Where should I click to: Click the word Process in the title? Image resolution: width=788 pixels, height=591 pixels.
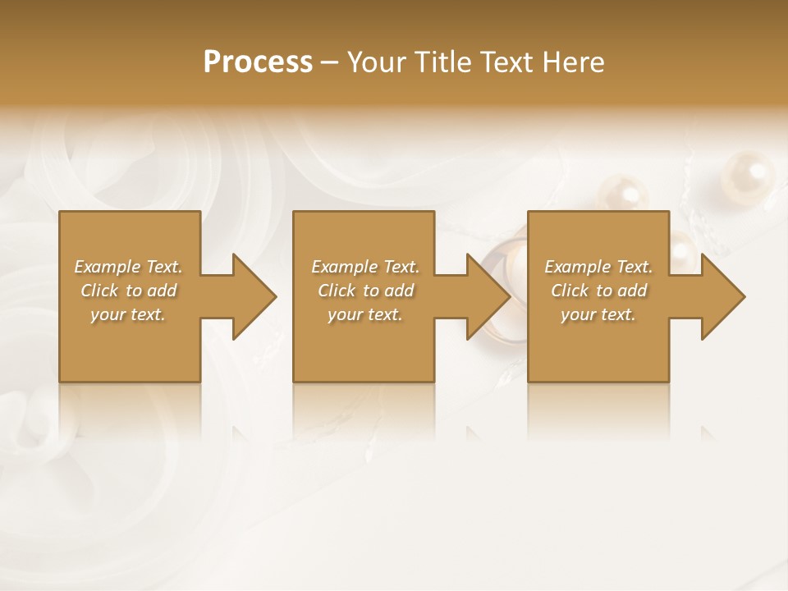pos(258,62)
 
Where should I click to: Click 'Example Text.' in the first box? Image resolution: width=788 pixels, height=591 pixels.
pos(128,267)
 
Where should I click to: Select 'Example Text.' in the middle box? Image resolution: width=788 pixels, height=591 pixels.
pos(365,267)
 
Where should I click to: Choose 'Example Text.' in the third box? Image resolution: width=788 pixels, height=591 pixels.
pos(598,267)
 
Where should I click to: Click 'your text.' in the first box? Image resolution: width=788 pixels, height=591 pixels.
pos(128,314)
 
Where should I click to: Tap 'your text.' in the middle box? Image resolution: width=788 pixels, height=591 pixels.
pos(365,314)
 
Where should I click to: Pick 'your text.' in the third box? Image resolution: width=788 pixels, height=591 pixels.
pos(598,314)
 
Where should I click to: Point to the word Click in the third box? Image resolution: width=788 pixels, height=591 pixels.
pos(570,291)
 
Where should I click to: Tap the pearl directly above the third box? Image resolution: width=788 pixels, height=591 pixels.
pos(622,194)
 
